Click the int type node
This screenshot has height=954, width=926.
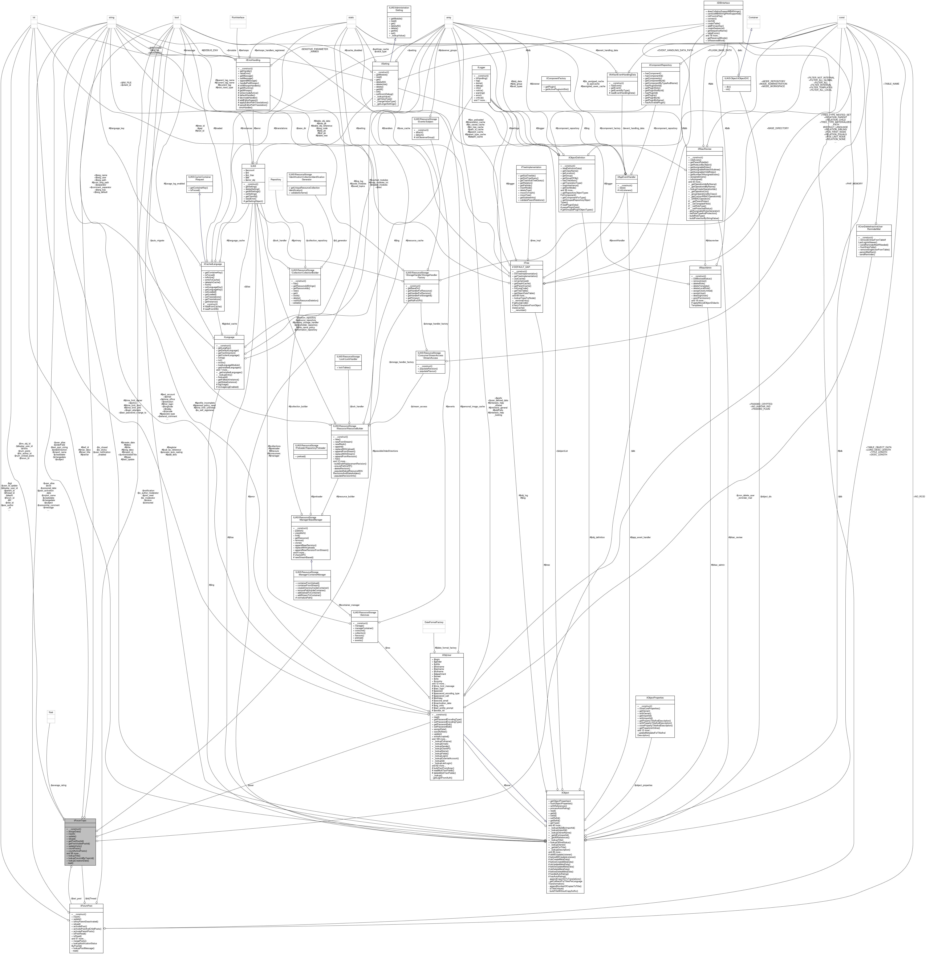pyautogui.click(x=34, y=18)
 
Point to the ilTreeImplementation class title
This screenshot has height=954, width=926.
pyautogui.click(x=531, y=167)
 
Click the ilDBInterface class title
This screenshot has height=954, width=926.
pyautogui.click(x=723, y=3)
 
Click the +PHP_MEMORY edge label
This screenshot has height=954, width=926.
pyautogui.click(x=854, y=184)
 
